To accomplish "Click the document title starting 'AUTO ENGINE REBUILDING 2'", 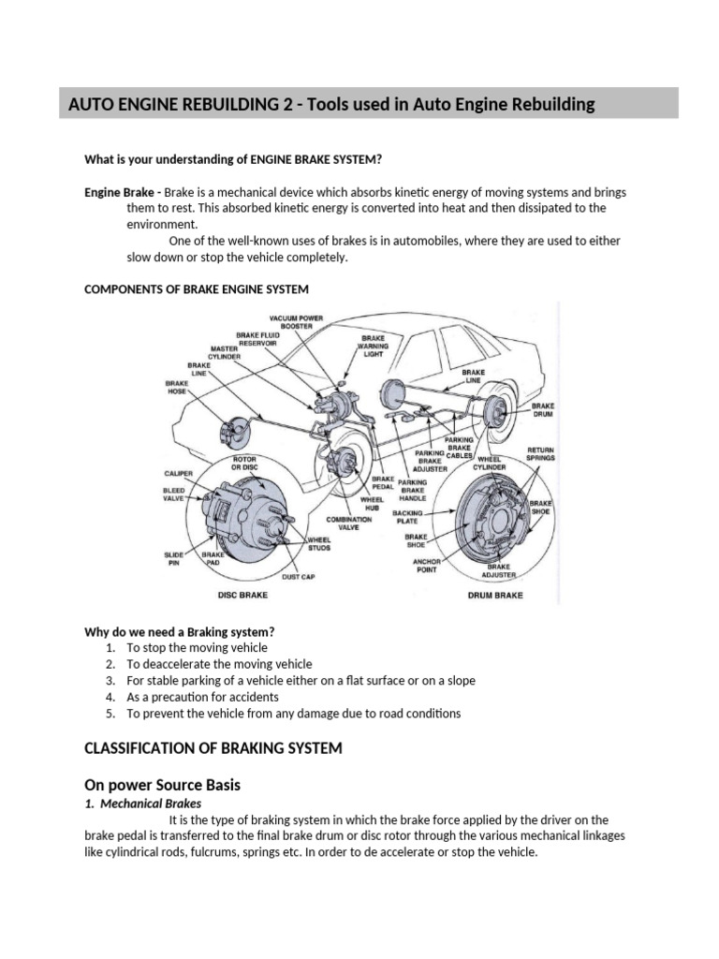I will (x=331, y=104).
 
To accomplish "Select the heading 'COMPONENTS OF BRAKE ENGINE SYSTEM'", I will (x=197, y=288).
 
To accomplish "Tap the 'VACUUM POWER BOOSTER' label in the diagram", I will (x=295, y=321).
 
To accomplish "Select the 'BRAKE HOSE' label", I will (x=177, y=388).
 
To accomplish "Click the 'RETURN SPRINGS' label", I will (x=541, y=453).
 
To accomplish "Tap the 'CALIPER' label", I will (x=179, y=474).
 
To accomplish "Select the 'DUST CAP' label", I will (x=298, y=577).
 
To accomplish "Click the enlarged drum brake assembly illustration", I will (x=496, y=524).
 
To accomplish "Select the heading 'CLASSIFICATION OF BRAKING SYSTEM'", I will (x=213, y=747).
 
